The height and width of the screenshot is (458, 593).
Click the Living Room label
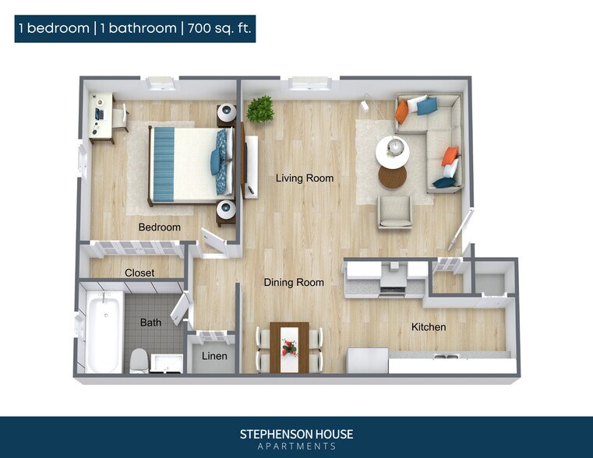click(x=304, y=178)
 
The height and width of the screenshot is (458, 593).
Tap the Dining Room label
click(x=293, y=282)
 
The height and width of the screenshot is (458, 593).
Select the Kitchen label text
click(x=429, y=327)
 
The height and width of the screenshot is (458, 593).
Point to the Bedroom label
click(x=159, y=227)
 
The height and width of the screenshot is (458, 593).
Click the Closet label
click(x=139, y=273)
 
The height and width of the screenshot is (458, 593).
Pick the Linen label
click(x=214, y=356)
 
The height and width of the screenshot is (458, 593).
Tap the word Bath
click(x=150, y=322)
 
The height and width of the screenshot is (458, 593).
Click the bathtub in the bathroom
click(x=104, y=332)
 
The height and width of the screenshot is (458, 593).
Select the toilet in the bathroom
click(x=139, y=360)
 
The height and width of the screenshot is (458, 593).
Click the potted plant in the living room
click(x=260, y=109)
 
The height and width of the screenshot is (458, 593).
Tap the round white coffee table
click(x=392, y=150)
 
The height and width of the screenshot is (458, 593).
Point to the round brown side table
click(x=393, y=178)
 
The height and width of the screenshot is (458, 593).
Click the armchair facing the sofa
click(x=395, y=211)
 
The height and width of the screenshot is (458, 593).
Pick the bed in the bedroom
click(x=187, y=164)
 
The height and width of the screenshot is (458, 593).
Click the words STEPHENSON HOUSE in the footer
click(x=296, y=434)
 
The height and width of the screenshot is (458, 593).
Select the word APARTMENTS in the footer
click(x=296, y=446)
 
